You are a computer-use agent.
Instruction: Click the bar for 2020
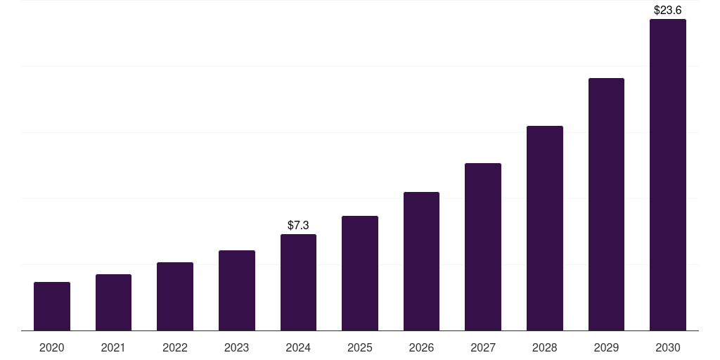point(52,307)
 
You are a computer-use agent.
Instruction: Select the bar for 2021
point(113,302)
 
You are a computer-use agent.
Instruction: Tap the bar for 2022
point(175,297)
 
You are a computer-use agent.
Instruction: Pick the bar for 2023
point(237,290)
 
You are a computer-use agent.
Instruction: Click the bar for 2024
point(298,283)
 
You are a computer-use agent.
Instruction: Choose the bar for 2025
point(360,274)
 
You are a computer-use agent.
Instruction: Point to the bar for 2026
point(421,262)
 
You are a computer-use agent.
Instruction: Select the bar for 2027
point(483,247)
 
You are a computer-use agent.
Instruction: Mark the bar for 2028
point(545,229)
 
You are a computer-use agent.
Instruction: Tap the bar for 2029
point(606,205)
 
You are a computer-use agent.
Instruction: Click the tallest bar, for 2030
point(668,175)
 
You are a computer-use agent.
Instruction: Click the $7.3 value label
point(298,226)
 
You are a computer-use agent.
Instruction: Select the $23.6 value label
point(668,11)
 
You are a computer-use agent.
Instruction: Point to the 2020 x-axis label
point(52,347)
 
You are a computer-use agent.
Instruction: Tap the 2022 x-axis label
point(175,347)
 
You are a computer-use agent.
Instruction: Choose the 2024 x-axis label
point(298,347)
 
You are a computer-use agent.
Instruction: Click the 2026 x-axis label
point(421,347)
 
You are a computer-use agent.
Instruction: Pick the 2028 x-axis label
point(545,347)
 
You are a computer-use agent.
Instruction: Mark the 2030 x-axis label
point(668,347)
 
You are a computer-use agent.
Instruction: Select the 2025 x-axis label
point(360,347)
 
